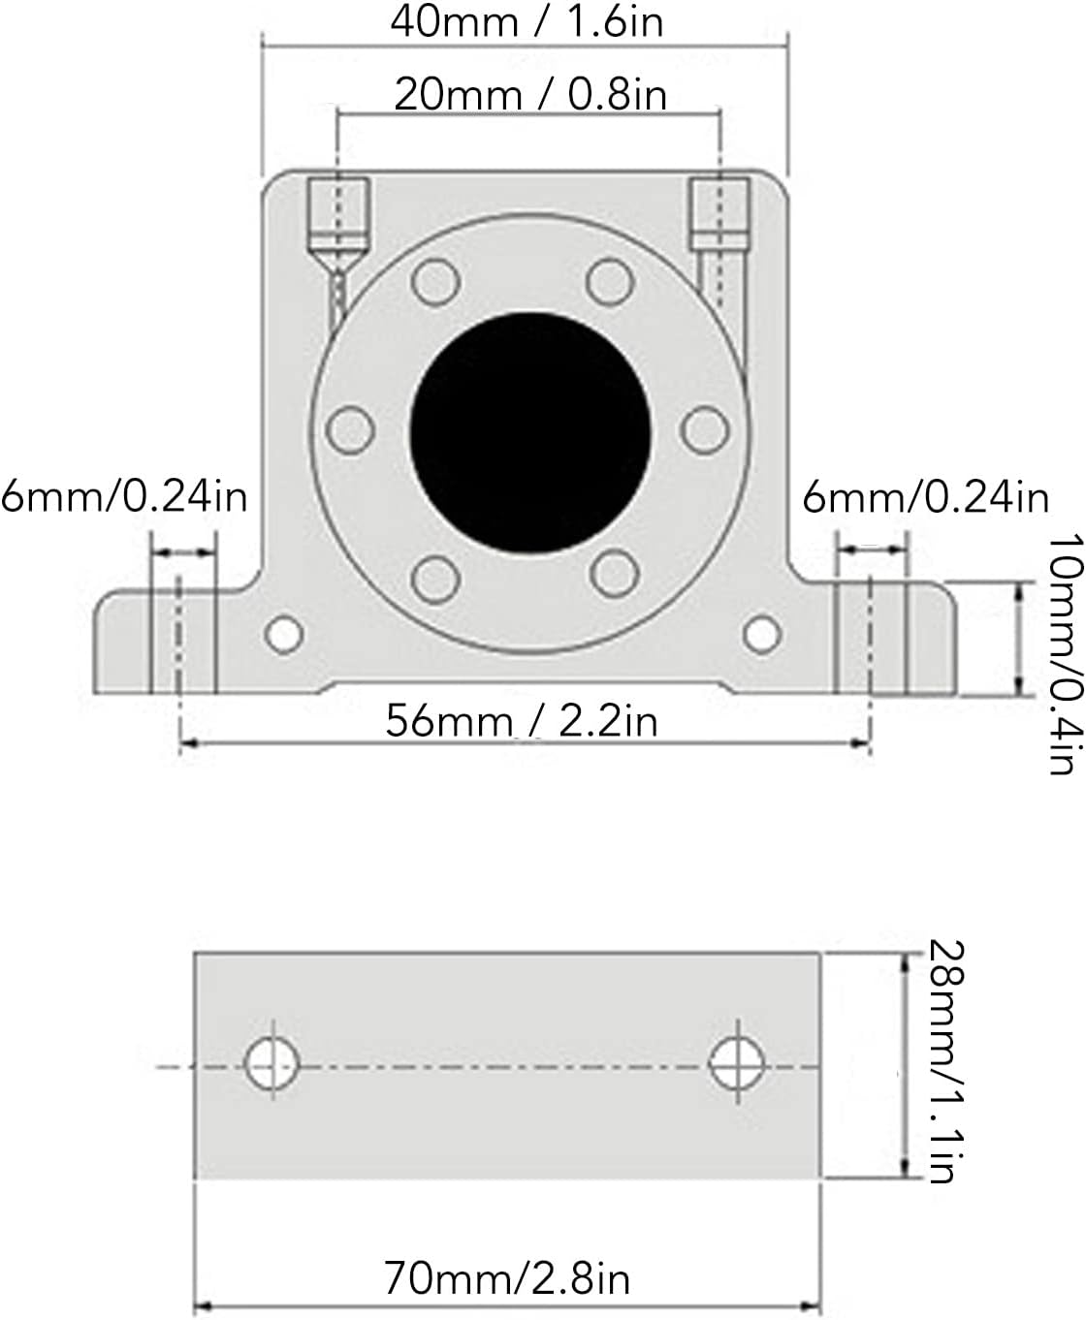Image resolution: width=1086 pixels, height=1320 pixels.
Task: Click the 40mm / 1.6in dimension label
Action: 527,22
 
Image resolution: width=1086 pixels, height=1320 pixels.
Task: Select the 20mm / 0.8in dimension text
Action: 530,95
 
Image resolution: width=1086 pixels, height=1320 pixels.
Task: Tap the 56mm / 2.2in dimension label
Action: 522,721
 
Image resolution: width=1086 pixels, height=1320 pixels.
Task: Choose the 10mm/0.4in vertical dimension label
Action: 1067,654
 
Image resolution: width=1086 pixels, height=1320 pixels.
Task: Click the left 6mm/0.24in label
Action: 124,498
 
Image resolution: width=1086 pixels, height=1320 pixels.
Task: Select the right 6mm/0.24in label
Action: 926,498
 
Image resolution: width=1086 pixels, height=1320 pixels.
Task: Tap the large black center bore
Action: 530,433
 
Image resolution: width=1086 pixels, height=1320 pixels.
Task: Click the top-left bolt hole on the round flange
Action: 436,281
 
